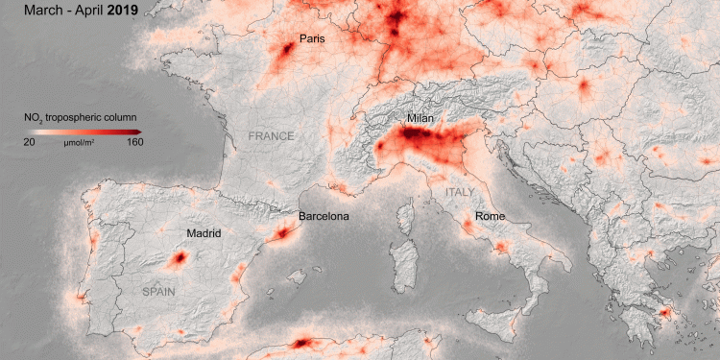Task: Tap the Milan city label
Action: click(420, 118)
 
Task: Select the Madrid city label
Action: click(204, 233)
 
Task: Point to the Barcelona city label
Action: click(324, 216)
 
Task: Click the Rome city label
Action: click(490, 216)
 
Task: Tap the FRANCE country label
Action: click(271, 136)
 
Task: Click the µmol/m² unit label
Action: click(79, 142)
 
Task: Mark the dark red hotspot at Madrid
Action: click(178, 258)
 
